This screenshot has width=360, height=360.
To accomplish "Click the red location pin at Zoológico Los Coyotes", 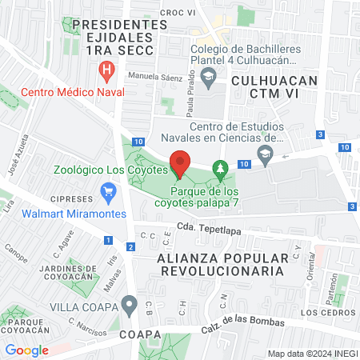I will click(180, 164).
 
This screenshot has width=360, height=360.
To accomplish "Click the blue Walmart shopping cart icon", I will click(108, 192).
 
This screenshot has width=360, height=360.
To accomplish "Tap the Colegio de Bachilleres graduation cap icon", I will click(209, 78).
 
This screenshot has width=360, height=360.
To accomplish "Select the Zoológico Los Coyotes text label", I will click(110, 170).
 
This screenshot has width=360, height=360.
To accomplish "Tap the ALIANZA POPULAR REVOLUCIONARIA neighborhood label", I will click(222, 264).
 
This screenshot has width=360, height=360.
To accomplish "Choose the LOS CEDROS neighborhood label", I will click(325, 312).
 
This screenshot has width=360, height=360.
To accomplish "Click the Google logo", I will click(26, 350).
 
